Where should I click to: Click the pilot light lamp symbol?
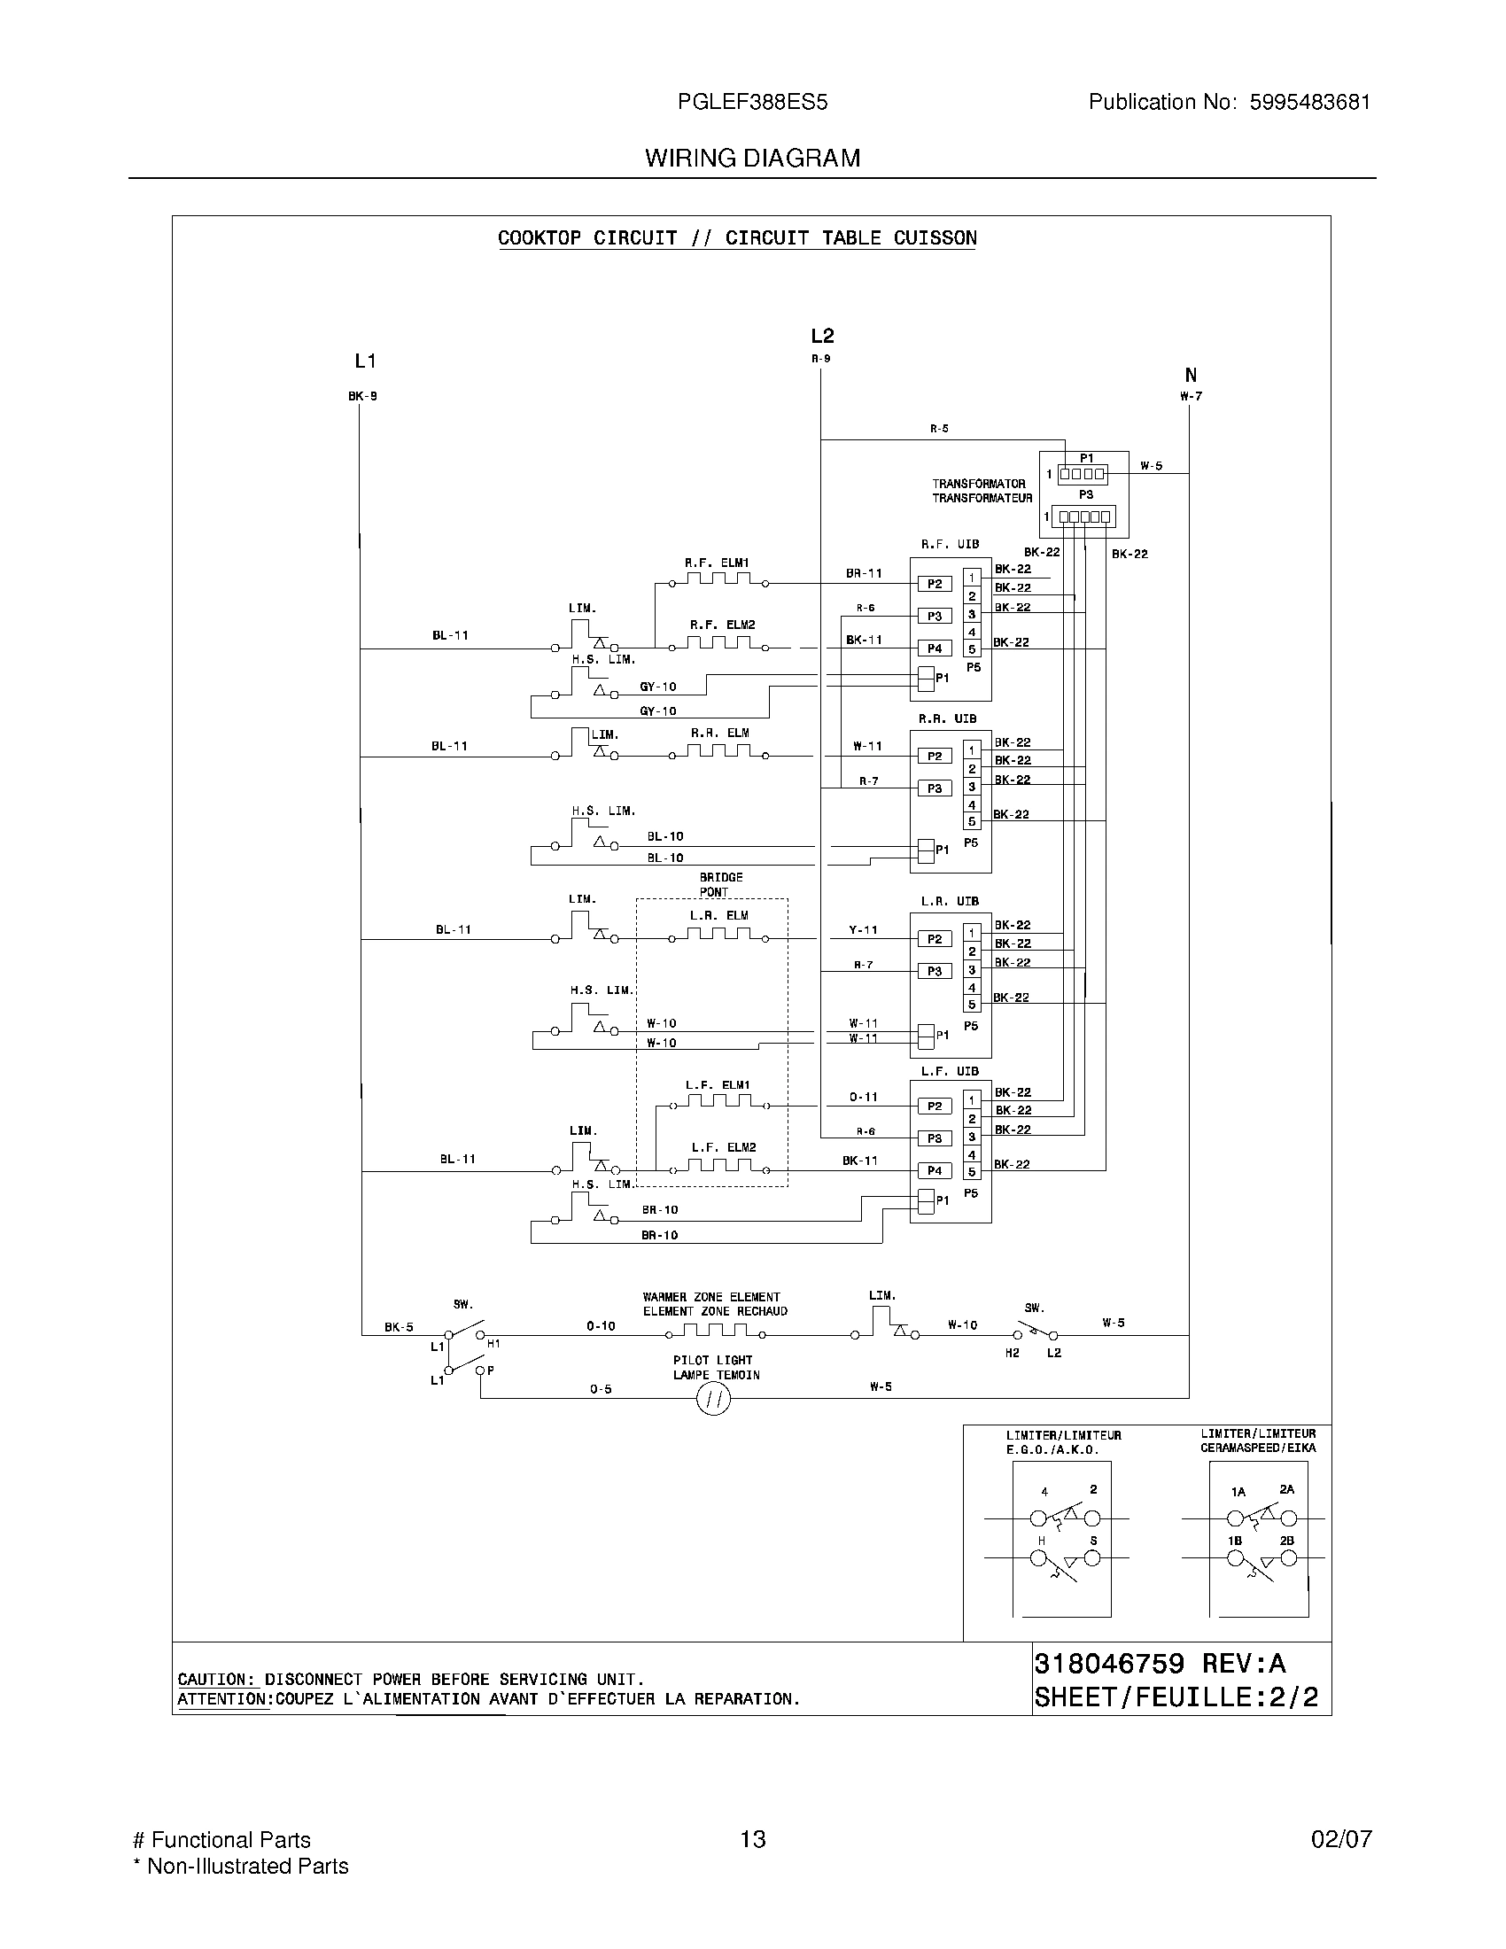[x=713, y=1399]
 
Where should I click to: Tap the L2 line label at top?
[x=822, y=336]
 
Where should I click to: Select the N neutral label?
[x=1190, y=376]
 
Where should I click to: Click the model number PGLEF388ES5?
[x=752, y=102]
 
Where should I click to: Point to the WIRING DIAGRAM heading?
[x=752, y=158]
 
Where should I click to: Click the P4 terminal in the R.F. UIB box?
[x=934, y=648]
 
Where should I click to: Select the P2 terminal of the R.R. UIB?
[x=934, y=756]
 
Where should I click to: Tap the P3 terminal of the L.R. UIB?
[x=934, y=971]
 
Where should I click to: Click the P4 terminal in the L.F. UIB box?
[x=934, y=1170]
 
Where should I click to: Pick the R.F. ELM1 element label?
[x=717, y=563]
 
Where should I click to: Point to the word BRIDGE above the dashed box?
[x=721, y=877]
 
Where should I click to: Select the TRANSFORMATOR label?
[x=979, y=484]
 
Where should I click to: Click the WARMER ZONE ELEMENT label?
[x=711, y=1297]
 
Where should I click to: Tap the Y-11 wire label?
[x=863, y=930]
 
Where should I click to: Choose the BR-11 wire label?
[x=863, y=573]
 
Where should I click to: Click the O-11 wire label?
[x=863, y=1097]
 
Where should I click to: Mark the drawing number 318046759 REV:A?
[x=1160, y=1664]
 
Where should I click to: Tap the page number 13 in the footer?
[x=752, y=1839]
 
